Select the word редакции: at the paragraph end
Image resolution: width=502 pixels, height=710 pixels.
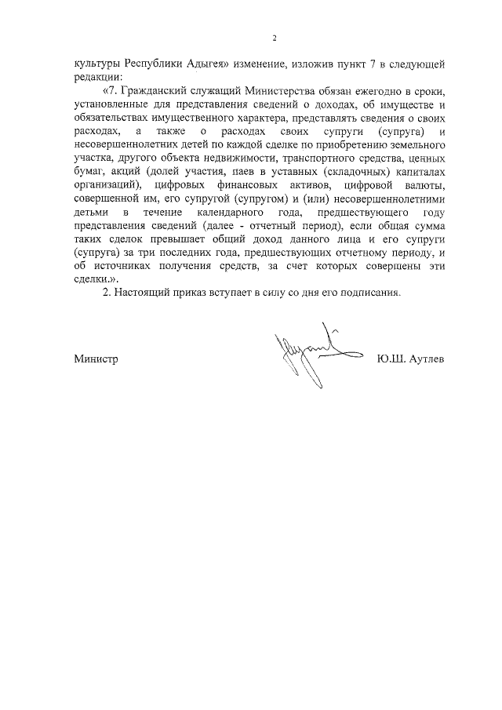pos(99,77)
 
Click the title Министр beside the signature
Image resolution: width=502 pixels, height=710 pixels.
pos(96,359)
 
